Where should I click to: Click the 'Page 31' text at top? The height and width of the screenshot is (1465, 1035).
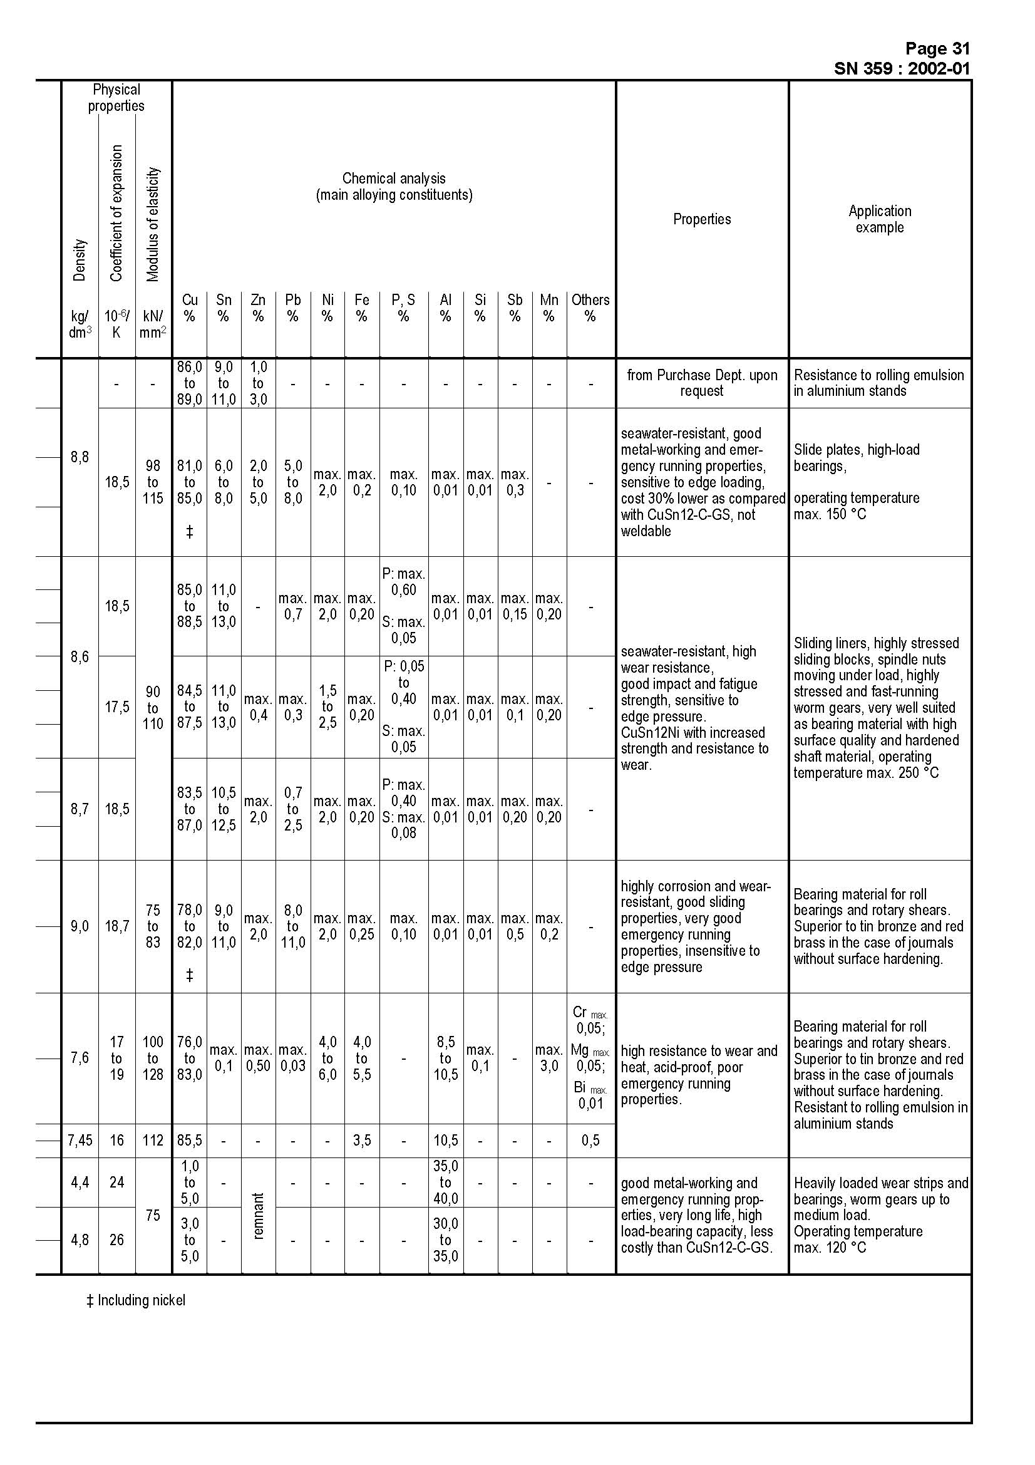(x=937, y=48)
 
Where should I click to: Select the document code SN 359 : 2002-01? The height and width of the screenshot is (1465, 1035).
(x=901, y=68)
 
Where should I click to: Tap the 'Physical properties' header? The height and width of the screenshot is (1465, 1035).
(x=116, y=98)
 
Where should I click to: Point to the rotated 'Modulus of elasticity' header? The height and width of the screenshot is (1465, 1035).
(x=152, y=224)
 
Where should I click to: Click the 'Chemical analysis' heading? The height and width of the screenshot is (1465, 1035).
(x=393, y=179)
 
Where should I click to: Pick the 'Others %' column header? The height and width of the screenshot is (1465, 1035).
(x=590, y=308)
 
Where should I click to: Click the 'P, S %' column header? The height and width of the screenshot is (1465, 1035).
(x=403, y=308)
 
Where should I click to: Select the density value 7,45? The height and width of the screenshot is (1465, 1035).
(x=80, y=1140)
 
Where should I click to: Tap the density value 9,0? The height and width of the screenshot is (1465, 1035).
(x=80, y=926)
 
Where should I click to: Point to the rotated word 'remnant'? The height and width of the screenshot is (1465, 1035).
(x=258, y=1216)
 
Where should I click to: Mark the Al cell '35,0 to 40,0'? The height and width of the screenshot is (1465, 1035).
(x=445, y=1183)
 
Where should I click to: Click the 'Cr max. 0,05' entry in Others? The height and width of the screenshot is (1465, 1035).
(x=590, y=1020)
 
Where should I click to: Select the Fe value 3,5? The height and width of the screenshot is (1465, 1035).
(x=361, y=1140)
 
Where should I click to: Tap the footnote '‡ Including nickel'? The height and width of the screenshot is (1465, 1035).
(x=136, y=1300)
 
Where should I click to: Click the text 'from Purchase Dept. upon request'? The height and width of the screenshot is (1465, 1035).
(x=701, y=383)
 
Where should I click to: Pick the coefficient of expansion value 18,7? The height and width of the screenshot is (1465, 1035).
(x=116, y=926)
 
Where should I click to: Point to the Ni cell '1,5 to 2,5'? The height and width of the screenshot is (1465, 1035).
(x=327, y=707)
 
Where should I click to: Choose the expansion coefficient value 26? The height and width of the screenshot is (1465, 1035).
(x=116, y=1240)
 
